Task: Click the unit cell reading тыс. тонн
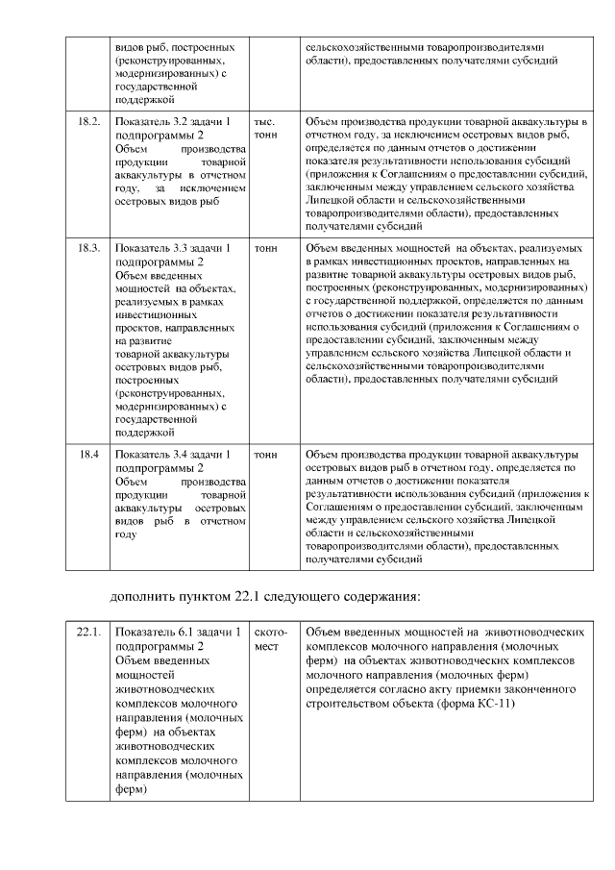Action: (x=264, y=129)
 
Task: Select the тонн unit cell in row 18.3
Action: (x=265, y=248)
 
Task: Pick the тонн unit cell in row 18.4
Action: (x=265, y=454)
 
